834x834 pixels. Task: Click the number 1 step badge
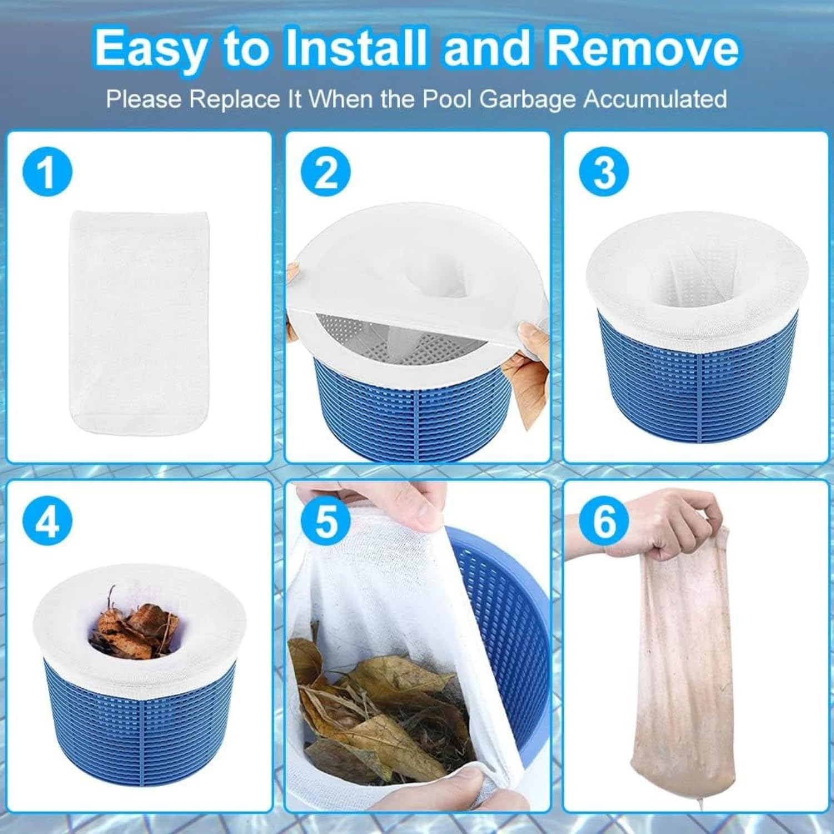(x=47, y=172)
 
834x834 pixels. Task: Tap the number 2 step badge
(x=326, y=172)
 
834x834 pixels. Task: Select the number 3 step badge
(x=604, y=172)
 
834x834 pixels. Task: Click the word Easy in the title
(x=150, y=49)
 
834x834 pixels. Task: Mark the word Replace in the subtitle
(x=241, y=99)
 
